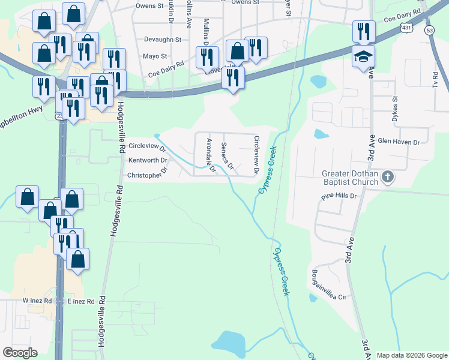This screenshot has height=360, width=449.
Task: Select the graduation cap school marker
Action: [x=363, y=58]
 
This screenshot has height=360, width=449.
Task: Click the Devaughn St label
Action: [x=163, y=40]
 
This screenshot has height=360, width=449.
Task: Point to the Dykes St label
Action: [x=395, y=109]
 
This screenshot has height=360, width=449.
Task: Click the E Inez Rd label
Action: [x=81, y=301]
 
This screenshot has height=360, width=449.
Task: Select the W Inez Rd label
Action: [x=38, y=300]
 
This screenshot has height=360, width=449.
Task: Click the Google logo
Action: [x=20, y=353]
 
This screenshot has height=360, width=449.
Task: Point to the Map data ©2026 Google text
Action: [x=411, y=355]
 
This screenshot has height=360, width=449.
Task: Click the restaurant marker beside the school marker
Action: [x=364, y=31]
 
